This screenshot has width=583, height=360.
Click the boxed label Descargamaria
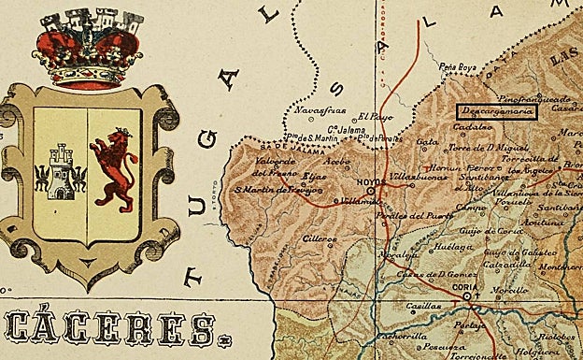tap(496, 112)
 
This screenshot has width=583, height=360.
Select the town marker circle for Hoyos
tap(371, 191)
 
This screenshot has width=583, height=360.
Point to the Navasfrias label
tap(315, 110)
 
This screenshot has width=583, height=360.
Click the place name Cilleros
tap(320, 238)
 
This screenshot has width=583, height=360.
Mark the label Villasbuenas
tap(414, 174)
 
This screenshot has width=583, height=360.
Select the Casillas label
tap(423, 306)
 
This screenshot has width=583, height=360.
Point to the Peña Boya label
tap(459, 68)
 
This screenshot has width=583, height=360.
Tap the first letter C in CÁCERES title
tap(22, 328)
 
